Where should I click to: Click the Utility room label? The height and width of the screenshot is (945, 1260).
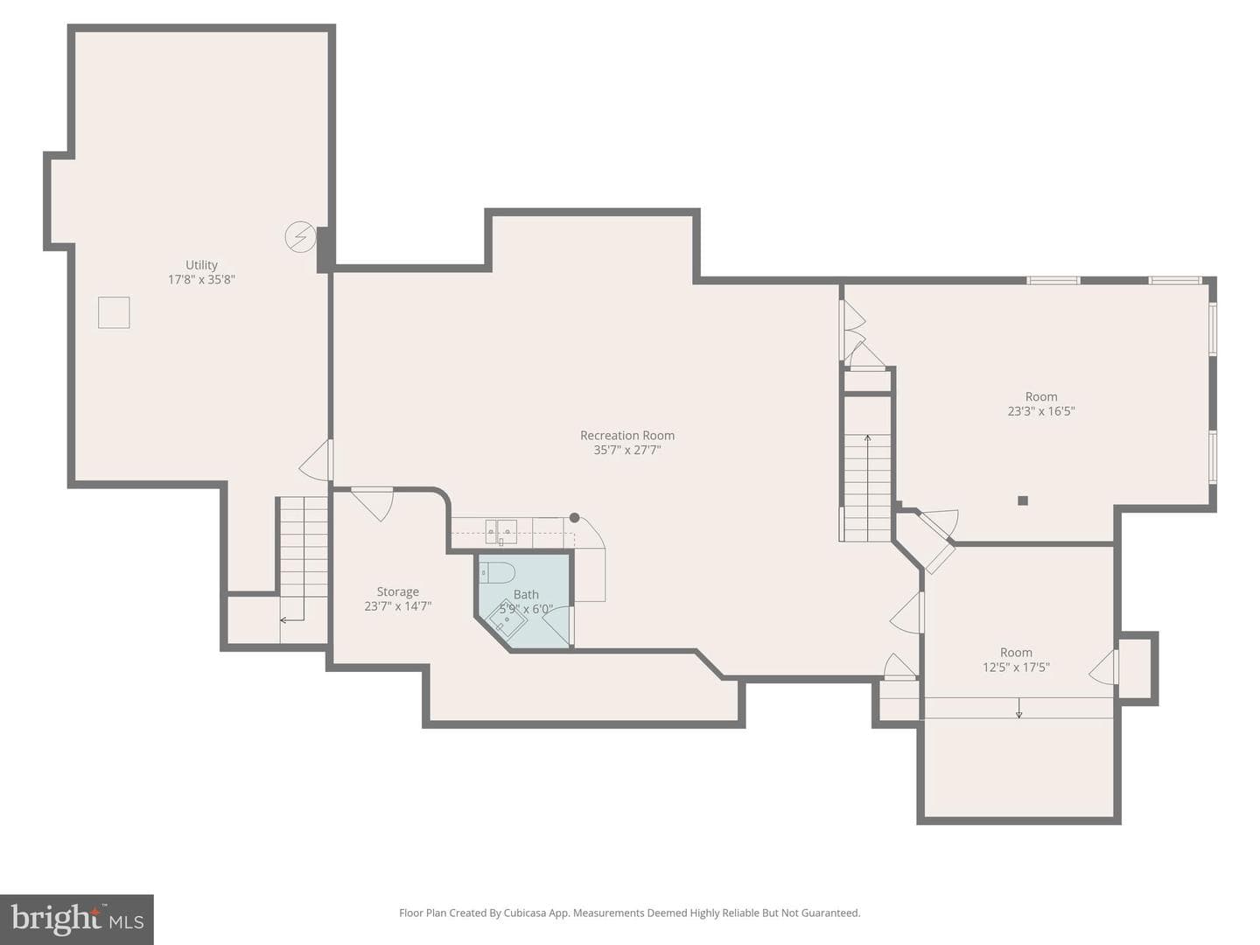tap(201, 264)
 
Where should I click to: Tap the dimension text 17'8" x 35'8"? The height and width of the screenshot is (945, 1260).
tap(201, 279)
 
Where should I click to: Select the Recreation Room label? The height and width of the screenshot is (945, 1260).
tap(626, 436)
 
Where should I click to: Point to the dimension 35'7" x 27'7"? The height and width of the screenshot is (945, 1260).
tap(626, 450)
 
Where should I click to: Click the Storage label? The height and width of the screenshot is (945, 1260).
tap(397, 591)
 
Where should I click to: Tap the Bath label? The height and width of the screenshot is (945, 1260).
tap(526, 594)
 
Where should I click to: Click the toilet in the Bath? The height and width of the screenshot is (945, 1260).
tap(498, 572)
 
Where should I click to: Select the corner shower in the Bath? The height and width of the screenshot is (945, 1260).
tap(507, 619)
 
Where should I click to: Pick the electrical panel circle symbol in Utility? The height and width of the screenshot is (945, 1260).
tap(300, 236)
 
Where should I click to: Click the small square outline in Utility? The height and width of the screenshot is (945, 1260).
tap(114, 312)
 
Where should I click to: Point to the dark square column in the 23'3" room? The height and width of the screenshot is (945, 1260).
tap(1022, 500)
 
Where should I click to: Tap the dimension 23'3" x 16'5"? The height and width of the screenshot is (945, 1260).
tap(1040, 411)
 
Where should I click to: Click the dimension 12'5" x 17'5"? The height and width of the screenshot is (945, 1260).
tap(1016, 667)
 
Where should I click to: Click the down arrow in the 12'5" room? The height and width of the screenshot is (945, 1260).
tap(1018, 708)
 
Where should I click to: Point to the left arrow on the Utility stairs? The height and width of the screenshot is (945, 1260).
tap(291, 619)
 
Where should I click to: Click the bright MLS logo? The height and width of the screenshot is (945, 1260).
tap(77, 919)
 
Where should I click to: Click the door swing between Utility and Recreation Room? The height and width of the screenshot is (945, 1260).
tap(316, 460)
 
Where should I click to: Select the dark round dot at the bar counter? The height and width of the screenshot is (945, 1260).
tap(574, 517)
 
